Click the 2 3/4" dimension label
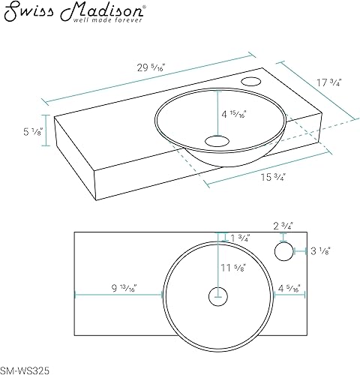tap(282, 224)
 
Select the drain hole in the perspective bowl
tap(218, 139)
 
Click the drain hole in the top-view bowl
tap(218, 294)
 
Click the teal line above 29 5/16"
tap(150, 77)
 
